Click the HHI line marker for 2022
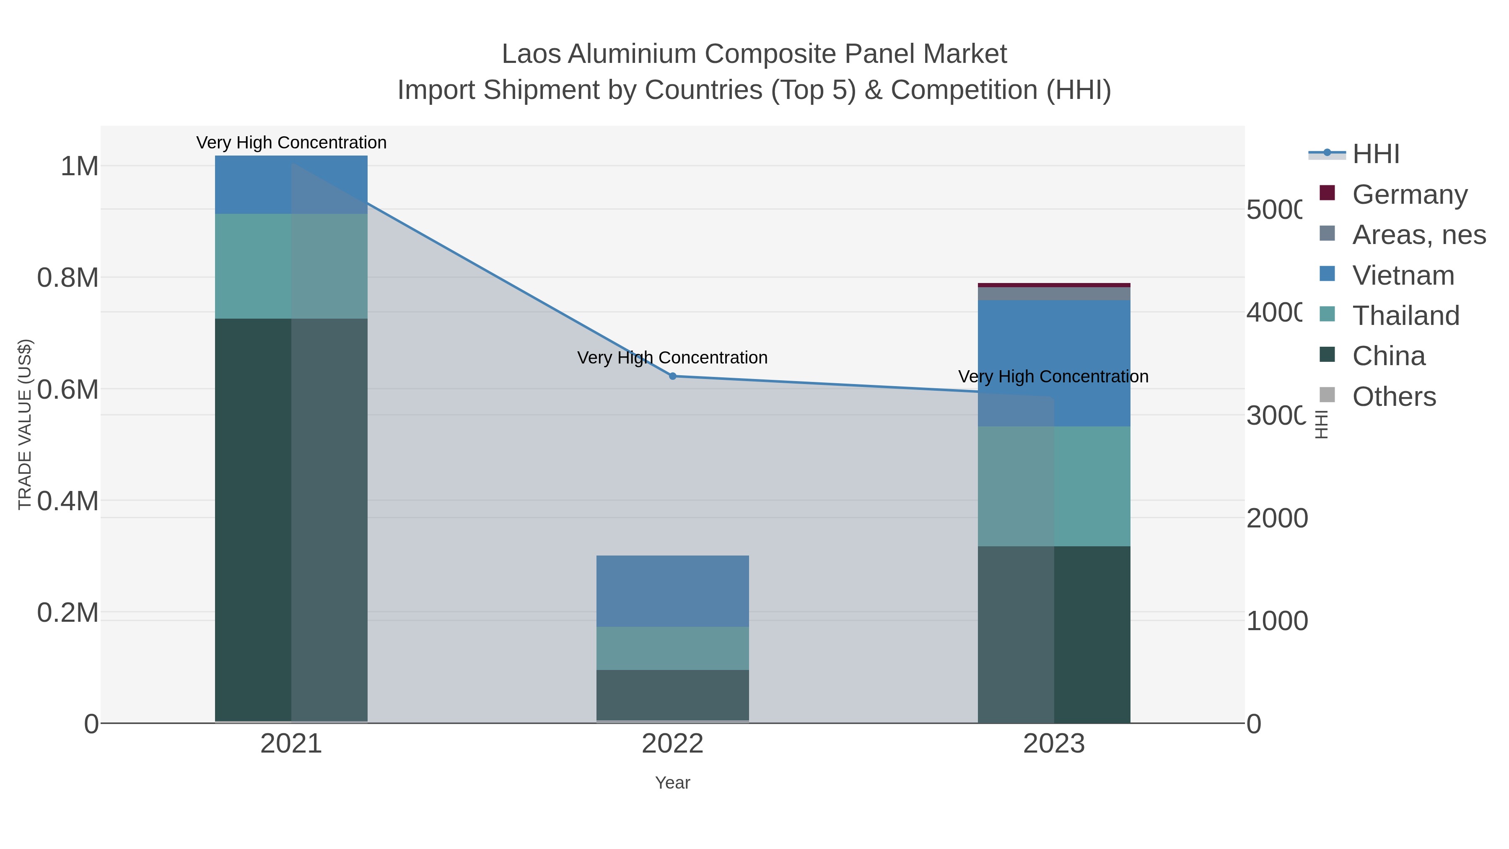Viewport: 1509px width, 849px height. tap(672, 376)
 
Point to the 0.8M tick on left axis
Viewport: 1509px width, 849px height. tap(68, 278)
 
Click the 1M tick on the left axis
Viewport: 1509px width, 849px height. tap(79, 166)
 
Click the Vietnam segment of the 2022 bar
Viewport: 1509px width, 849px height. tap(672, 591)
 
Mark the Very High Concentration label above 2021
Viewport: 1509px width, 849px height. tap(291, 143)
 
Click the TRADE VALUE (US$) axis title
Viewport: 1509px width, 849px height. tap(25, 424)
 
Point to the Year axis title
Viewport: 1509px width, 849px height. tap(672, 783)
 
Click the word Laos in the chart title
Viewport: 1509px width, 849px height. tap(531, 54)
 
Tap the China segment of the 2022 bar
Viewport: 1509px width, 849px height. tap(672, 695)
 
